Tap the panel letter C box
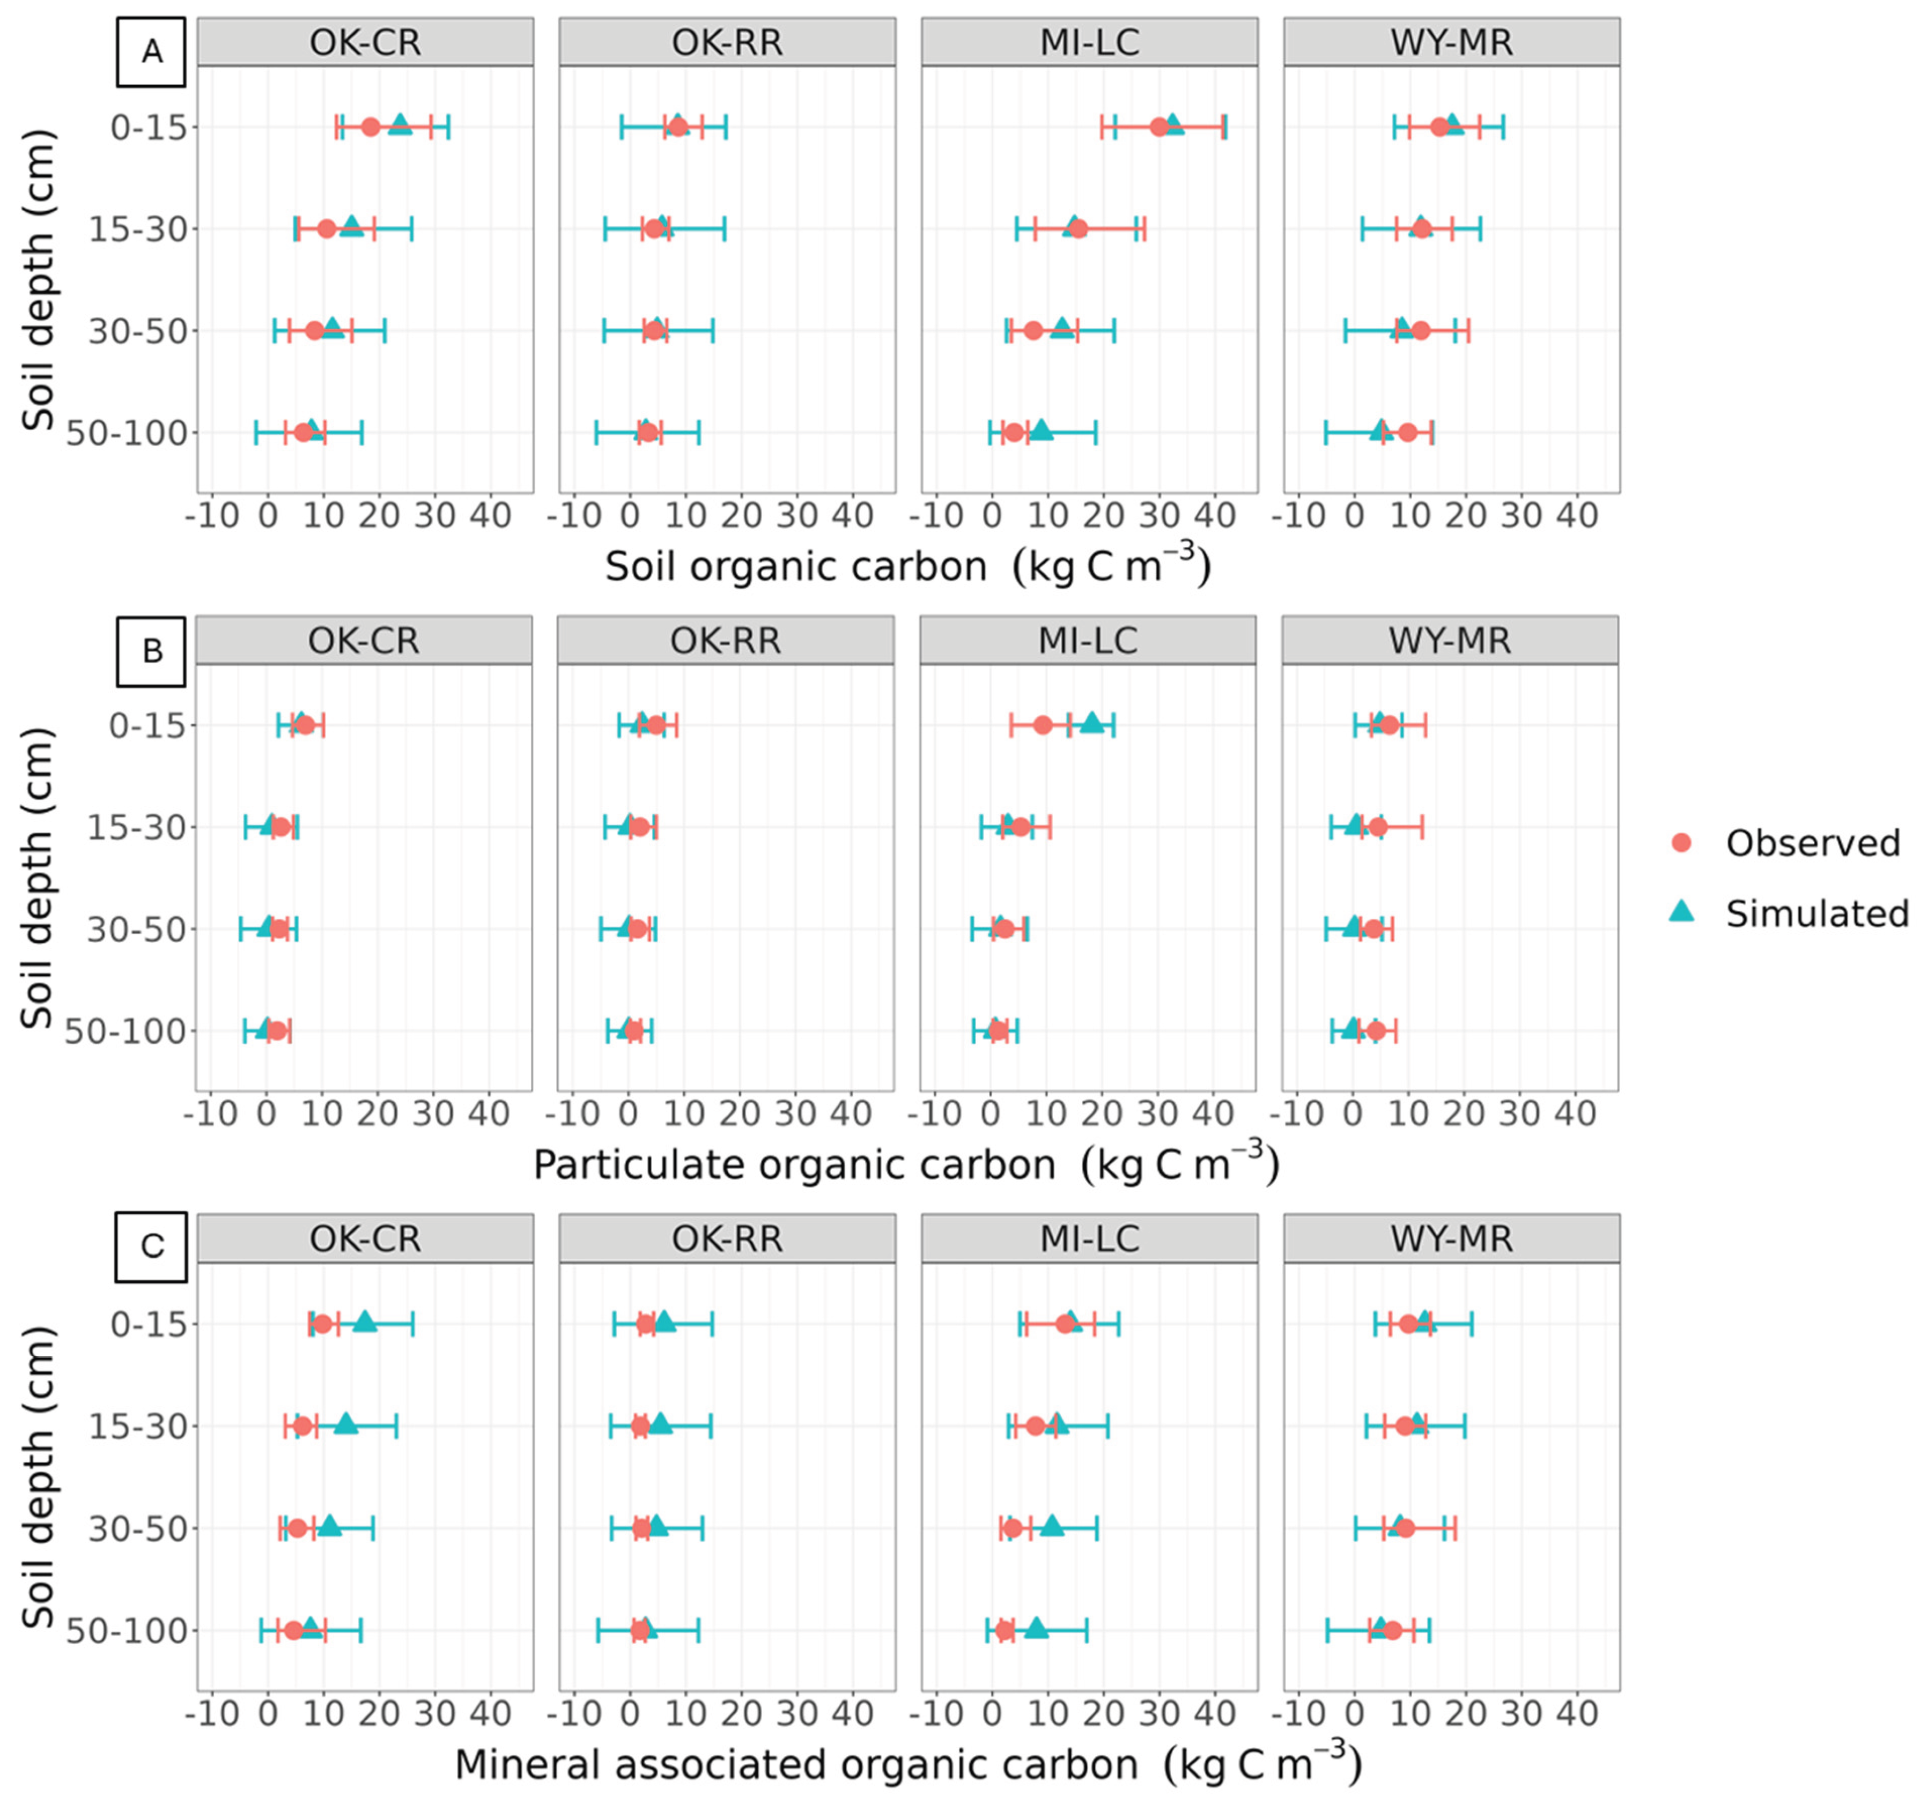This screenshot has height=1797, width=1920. coord(151,1246)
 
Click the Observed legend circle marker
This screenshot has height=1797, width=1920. coord(1681,843)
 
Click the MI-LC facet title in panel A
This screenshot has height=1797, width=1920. coord(1089,42)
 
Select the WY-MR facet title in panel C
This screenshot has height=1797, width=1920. coord(1451,1239)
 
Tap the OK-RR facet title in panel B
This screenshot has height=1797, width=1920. coord(725,641)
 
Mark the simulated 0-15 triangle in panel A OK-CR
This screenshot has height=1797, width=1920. coord(400,124)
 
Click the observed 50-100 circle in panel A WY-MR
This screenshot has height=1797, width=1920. coord(1407,433)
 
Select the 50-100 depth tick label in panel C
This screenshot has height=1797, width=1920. coord(125,1631)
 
